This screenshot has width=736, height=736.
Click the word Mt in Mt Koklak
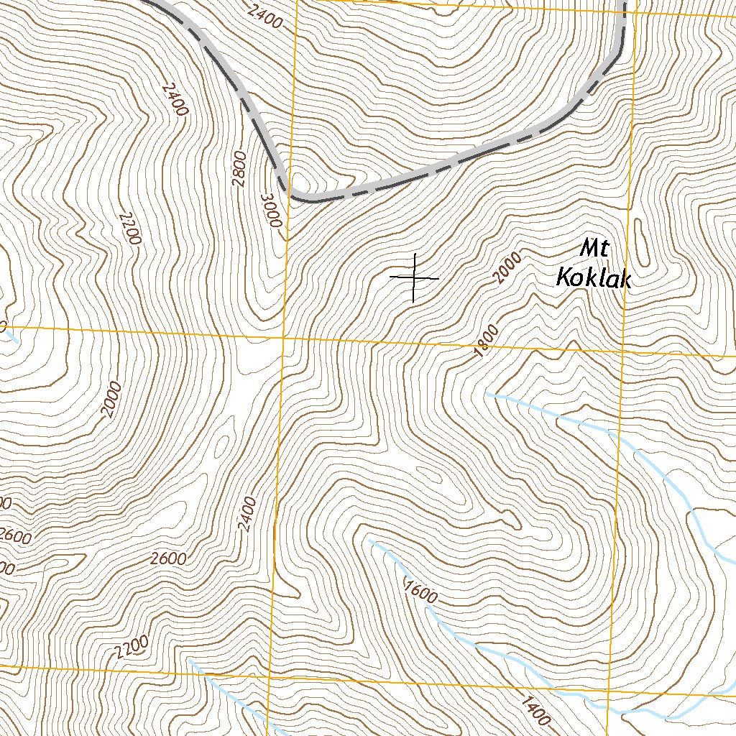(x=595, y=249)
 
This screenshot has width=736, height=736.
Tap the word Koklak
(x=594, y=278)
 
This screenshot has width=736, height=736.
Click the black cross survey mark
(x=414, y=277)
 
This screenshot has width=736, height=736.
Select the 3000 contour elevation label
(x=271, y=211)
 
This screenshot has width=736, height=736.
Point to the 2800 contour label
(x=239, y=169)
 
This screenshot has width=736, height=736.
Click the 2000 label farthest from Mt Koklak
(x=111, y=400)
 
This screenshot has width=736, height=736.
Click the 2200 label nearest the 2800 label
(x=128, y=229)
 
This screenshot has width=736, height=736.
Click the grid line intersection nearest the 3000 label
(x=284, y=336)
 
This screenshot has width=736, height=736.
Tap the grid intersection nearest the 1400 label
(x=611, y=684)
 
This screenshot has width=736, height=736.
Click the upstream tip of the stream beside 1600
(x=369, y=538)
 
